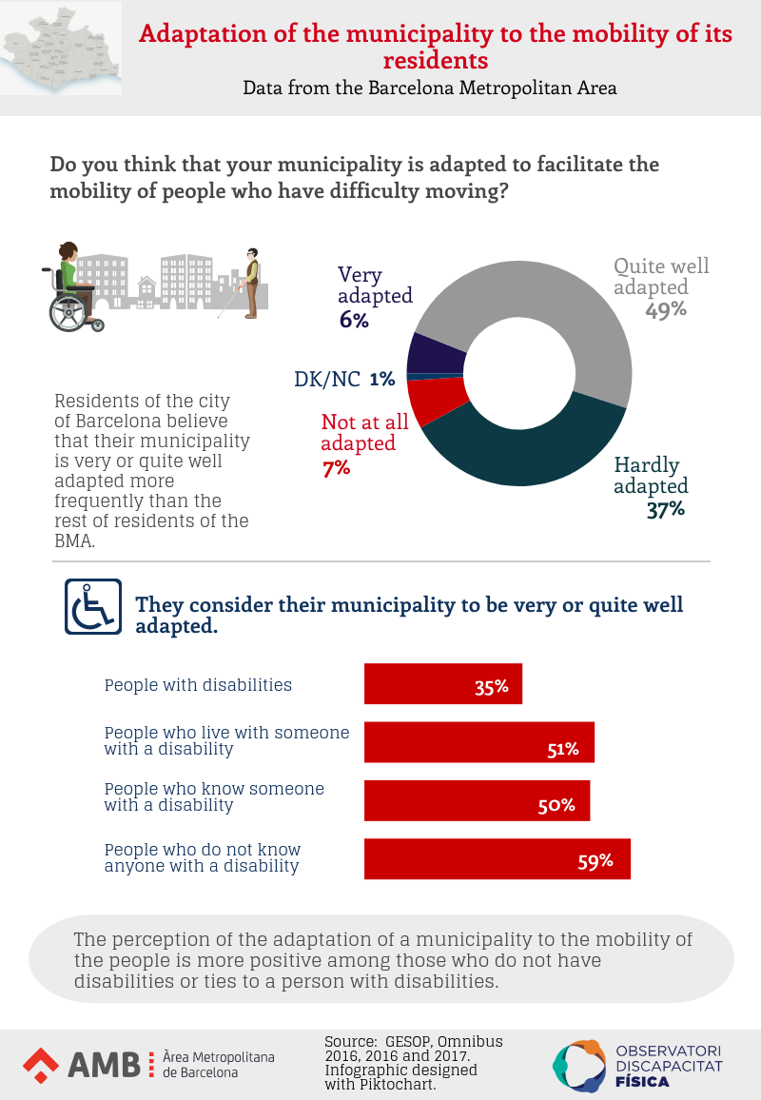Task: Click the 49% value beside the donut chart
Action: [666, 310]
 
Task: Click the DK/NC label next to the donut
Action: [326, 379]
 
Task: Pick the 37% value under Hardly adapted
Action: [665, 509]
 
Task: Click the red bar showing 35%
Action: [443, 684]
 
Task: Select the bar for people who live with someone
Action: [479, 742]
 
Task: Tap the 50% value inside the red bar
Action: [556, 805]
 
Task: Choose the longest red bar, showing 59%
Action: [498, 858]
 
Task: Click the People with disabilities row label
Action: [198, 685]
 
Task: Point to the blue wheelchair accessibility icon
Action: [93, 606]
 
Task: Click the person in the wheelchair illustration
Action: [72, 285]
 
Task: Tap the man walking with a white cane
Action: [250, 283]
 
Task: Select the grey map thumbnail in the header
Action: [62, 48]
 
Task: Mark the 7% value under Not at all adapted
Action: [336, 468]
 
